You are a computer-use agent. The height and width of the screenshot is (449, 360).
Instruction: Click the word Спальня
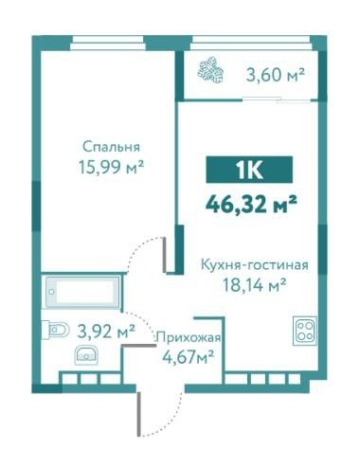111,147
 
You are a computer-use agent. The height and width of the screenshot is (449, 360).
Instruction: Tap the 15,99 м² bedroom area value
111,167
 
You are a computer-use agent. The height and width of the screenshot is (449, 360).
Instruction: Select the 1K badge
249,170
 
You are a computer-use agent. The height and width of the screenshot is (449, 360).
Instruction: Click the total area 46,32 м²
251,204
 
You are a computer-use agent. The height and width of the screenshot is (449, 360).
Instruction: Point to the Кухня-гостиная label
255,265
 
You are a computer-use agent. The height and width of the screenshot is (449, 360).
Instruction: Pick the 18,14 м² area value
255,285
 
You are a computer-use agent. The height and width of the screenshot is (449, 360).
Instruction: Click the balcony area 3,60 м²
275,75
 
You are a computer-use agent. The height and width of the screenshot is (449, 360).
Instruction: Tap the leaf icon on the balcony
210,70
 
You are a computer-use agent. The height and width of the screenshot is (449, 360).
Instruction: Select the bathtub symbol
82,292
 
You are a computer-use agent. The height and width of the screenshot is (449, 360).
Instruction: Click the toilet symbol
55,330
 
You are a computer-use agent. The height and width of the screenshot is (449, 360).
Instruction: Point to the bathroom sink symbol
85,355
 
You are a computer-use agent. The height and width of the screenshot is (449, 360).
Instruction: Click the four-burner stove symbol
305,331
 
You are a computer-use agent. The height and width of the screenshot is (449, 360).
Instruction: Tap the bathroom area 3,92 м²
106,332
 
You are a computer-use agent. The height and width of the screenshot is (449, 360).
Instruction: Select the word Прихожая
189,338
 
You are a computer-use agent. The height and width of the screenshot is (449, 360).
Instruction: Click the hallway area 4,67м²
189,357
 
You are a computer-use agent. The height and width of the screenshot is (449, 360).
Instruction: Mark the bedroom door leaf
164,255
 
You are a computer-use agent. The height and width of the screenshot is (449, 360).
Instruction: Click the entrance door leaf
138,414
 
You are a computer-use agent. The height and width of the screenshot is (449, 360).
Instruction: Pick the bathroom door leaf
138,346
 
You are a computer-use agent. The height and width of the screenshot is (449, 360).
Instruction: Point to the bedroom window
108,43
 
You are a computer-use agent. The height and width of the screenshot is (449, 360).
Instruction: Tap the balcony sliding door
279,99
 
